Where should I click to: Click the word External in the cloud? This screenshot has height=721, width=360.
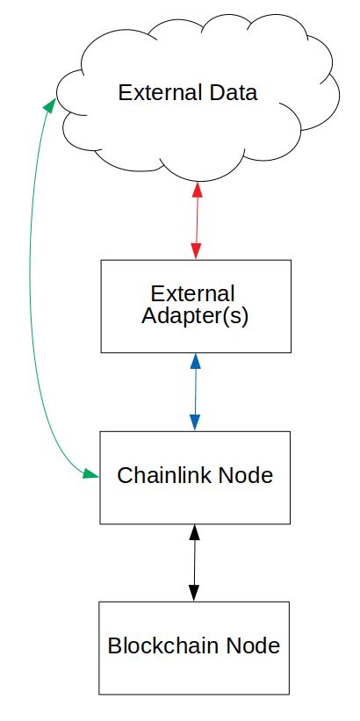(x=160, y=92)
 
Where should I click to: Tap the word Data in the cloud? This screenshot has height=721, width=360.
(x=232, y=92)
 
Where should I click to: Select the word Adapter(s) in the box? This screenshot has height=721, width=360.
(x=195, y=316)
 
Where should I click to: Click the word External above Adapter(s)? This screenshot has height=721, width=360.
(x=192, y=294)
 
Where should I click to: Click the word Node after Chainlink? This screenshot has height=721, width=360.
(x=246, y=475)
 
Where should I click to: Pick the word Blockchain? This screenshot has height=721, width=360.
(x=162, y=645)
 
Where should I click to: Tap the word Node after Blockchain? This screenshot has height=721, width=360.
(x=252, y=645)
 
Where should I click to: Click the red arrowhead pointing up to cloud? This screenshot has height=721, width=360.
(x=198, y=190)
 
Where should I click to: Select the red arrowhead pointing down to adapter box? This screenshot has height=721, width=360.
(x=197, y=251)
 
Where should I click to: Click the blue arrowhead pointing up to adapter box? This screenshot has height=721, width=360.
(x=196, y=361)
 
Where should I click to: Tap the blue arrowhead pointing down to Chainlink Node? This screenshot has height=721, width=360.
(x=195, y=422)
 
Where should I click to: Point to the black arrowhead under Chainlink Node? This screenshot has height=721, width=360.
(x=195, y=532)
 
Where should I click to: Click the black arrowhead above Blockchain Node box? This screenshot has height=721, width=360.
(x=194, y=593)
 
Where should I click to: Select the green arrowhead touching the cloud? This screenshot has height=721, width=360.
(x=50, y=105)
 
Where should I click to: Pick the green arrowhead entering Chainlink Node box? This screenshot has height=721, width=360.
(x=91, y=473)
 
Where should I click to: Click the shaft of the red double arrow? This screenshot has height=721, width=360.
(x=197, y=220)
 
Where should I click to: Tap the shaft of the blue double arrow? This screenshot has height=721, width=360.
(x=196, y=392)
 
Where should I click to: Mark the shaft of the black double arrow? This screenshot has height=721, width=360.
(x=194, y=562)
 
